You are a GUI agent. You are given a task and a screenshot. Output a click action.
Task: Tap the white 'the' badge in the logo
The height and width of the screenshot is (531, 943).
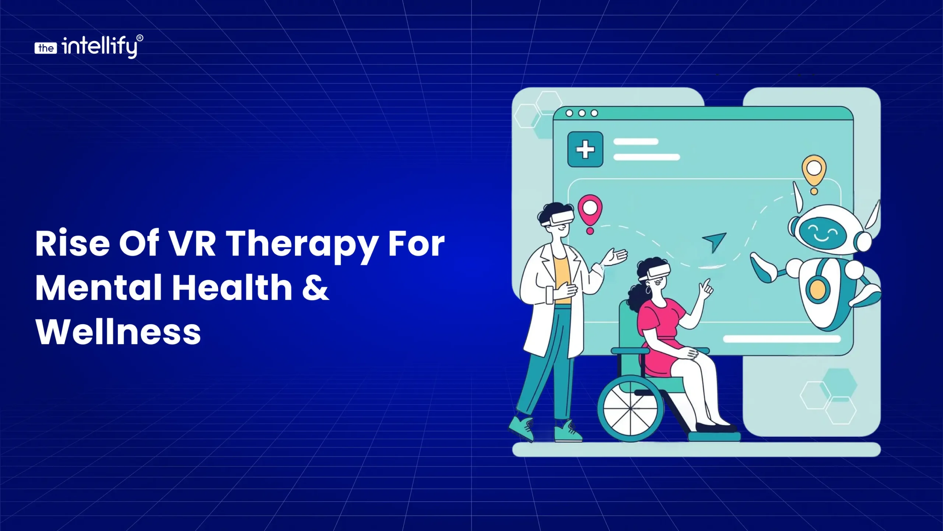coord(46,48)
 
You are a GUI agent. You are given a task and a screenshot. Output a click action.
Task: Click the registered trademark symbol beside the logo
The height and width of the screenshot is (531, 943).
coord(140,38)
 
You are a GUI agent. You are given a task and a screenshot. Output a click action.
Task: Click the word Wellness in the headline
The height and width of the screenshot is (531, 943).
coord(118,332)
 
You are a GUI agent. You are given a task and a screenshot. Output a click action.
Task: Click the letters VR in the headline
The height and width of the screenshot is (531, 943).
coord(192,243)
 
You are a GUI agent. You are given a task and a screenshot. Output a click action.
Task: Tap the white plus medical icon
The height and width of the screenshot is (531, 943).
coord(585,149)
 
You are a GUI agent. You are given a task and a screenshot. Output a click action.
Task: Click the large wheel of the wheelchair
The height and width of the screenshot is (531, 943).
coord(631,408)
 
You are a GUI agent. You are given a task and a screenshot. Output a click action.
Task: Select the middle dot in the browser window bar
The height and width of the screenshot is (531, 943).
coord(582,113)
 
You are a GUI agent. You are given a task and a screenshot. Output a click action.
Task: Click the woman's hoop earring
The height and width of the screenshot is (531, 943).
coord(648,290)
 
